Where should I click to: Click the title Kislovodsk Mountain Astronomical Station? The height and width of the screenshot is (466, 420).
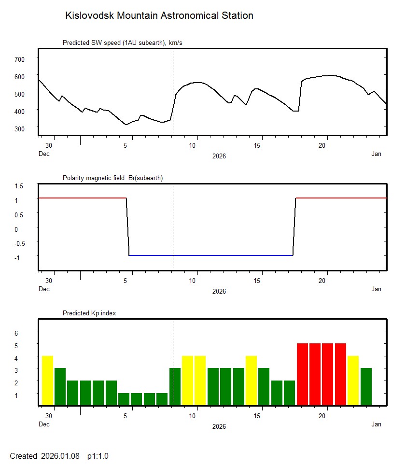click(159, 15)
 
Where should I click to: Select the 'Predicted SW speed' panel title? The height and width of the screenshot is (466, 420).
click(122, 43)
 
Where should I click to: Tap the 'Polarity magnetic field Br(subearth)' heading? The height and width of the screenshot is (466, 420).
click(112, 178)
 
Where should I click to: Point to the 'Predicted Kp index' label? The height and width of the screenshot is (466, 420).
click(89, 313)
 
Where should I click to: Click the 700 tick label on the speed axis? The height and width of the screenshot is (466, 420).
click(20, 59)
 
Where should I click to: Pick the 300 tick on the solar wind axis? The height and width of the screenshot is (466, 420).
click(20, 128)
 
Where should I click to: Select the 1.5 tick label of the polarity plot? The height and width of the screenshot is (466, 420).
click(20, 186)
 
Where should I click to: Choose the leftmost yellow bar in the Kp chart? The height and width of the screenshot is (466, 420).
click(47, 380)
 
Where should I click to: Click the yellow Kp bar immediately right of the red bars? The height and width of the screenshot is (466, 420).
click(353, 380)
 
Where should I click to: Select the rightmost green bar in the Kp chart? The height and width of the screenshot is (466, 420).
click(366, 386)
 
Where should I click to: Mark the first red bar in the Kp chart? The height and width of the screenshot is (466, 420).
click(302, 374)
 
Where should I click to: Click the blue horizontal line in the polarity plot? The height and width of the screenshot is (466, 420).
click(211, 255)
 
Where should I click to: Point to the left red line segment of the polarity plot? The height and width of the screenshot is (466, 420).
click(82, 198)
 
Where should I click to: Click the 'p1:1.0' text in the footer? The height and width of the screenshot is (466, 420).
click(98, 456)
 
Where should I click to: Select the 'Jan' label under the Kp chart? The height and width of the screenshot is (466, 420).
click(376, 424)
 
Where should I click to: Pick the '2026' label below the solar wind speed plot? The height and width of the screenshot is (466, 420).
click(219, 156)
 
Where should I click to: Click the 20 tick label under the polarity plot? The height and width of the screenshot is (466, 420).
click(324, 281)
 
